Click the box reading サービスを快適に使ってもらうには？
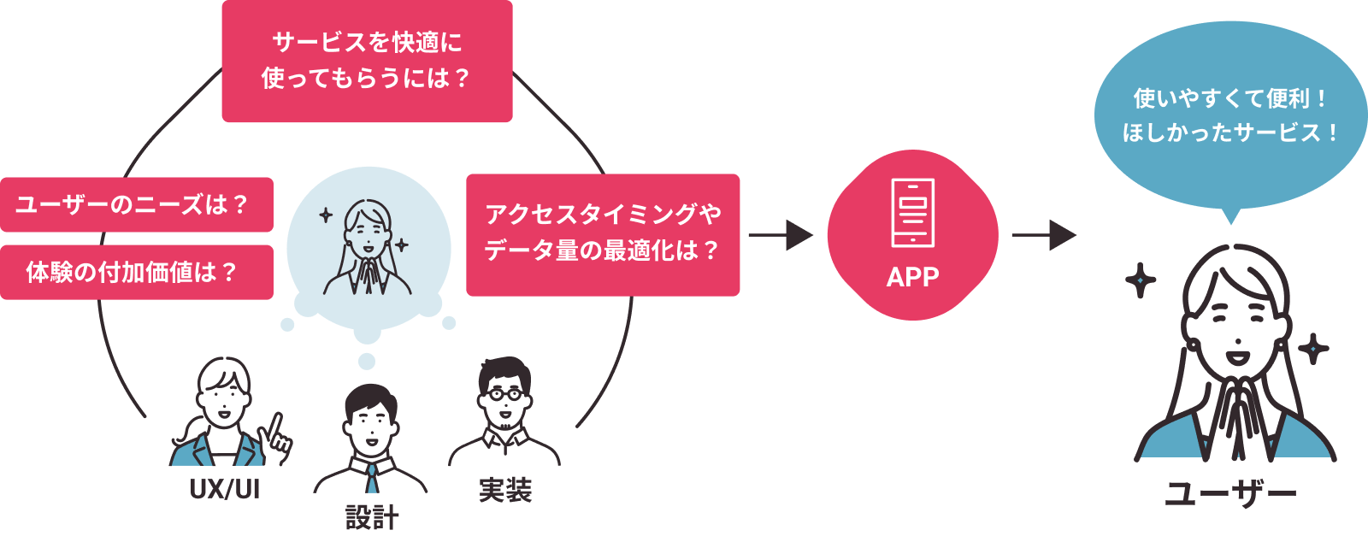pyautogui.click(x=367, y=61)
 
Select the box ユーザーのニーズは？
pyautogui.click(x=136, y=204)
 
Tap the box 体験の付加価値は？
pyautogui.click(x=136, y=272)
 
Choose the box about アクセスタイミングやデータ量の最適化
pyautogui.click(x=603, y=234)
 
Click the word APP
pyautogui.click(x=912, y=277)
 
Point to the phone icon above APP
pyautogui.click(x=912, y=212)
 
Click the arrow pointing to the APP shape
pyautogui.click(x=780, y=235)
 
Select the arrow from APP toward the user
pyautogui.click(x=1043, y=235)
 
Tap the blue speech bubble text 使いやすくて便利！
pyautogui.click(x=1229, y=99)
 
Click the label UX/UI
pyautogui.click(x=225, y=490)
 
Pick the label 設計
pyautogui.click(x=372, y=517)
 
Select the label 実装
pyautogui.click(x=505, y=490)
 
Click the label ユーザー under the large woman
pyautogui.click(x=1230, y=494)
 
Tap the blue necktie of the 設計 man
pyautogui.click(x=372, y=480)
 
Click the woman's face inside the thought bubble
pyautogui.click(x=369, y=232)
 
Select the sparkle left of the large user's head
pyautogui.click(x=1140, y=280)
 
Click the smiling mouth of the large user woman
pyautogui.click(x=1235, y=350)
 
